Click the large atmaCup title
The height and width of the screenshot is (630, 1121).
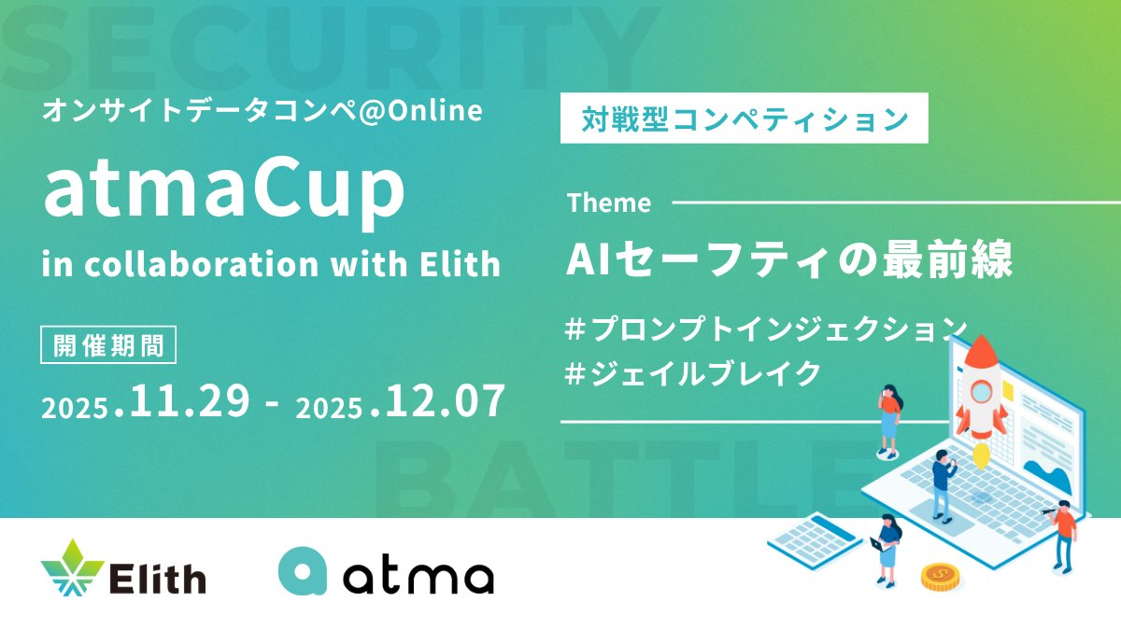tap(223, 191)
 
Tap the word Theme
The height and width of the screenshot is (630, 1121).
tap(609, 203)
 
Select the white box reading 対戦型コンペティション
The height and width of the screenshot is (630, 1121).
tap(745, 118)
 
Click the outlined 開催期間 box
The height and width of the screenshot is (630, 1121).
tap(108, 344)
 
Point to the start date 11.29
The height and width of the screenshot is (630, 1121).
tap(189, 400)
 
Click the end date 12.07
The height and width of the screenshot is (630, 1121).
tap(445, 400)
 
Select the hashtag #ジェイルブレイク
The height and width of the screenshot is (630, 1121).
tap(692, 373)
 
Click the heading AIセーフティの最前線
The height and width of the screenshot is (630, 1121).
tap(789, 260)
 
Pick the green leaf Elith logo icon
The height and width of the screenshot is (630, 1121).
tap(73, 568)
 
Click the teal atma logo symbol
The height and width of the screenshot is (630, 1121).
tap(303, 571)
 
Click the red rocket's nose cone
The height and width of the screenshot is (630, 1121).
tap(982, 349)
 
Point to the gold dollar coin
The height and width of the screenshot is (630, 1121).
tap(940, 577)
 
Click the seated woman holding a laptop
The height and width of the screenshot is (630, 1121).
tap(887, 550)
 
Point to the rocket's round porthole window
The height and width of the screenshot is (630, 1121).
tap(982, 392)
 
